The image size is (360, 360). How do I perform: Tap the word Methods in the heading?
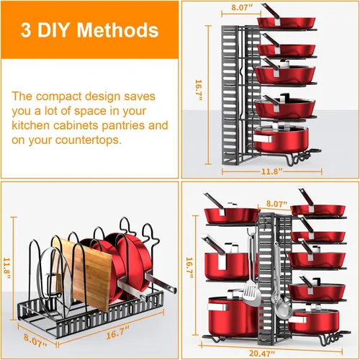coord(117,30)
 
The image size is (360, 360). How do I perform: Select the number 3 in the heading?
coord(26,30)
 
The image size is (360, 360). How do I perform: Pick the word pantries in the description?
coord(123,125)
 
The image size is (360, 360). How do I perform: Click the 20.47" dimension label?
coord(261,354)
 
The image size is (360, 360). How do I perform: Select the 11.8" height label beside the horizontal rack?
coord(7,269)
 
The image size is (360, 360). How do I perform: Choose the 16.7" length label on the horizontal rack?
coord(117,333)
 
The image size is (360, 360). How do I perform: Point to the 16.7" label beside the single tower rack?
coord(199,90)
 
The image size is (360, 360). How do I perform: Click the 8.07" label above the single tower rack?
coord(242,7)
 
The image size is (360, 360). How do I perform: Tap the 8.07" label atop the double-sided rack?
coord(276,204)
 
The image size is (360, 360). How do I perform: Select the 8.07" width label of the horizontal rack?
coord(35,341)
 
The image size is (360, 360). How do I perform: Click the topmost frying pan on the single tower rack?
coord(286,22)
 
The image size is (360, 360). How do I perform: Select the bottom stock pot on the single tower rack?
coord(281,139)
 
